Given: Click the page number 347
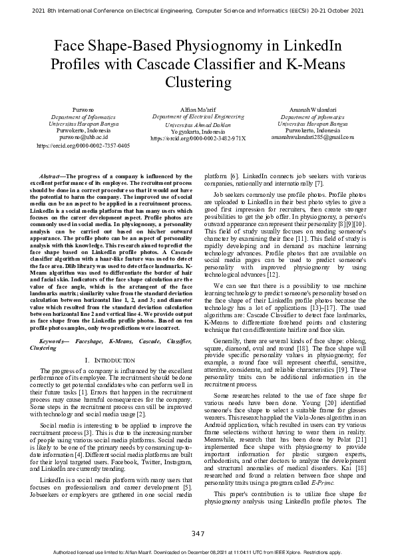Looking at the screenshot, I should [x=198, y=533].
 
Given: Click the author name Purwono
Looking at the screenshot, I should [x=83, y=108].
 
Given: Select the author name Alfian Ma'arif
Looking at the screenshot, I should [x=198, y=108].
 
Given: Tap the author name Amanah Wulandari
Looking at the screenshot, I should [x=313, y=108].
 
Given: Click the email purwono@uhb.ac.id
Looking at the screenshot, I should [x=83, y=138].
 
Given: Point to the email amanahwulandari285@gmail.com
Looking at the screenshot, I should [x=313, y=138].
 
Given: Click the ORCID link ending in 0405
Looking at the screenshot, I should [x=83, y=145].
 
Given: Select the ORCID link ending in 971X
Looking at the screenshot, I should [x=198, y=138].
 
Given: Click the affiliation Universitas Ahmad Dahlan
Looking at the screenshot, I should [x=198, y=124].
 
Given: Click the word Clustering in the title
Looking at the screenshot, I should [x=198, y=82].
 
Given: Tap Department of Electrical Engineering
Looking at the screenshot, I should [x=198, y=116].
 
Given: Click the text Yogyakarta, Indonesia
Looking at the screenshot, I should [x=198, y=131].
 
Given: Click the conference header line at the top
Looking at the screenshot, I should [x=198, y=11].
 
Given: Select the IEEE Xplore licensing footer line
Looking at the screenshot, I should [x=198, y=552].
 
